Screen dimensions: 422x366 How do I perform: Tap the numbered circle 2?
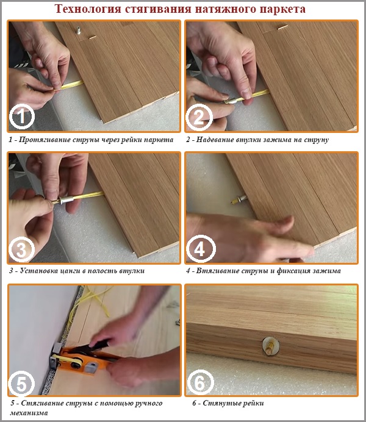pos(199,116)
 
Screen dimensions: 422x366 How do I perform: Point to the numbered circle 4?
pos(199,249)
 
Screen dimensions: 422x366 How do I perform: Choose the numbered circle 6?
pos(199,384)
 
